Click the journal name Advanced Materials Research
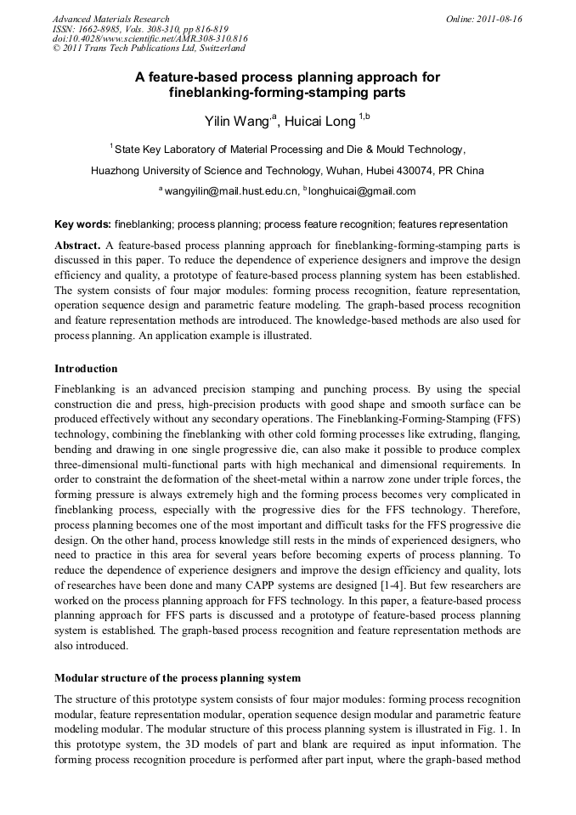110,19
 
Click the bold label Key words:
82,224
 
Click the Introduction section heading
86,369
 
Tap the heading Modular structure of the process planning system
178,678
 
